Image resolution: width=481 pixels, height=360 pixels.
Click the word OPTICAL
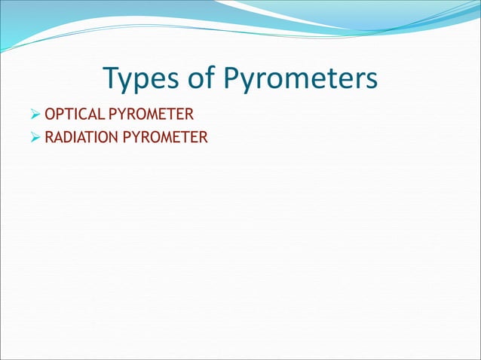[75, 115]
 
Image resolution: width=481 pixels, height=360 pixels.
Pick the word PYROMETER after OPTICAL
[152, 115]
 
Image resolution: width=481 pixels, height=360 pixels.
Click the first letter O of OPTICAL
[50, 115]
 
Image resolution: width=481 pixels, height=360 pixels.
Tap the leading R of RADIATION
[49, 138]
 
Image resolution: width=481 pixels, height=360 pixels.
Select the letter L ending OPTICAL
[103, 115]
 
